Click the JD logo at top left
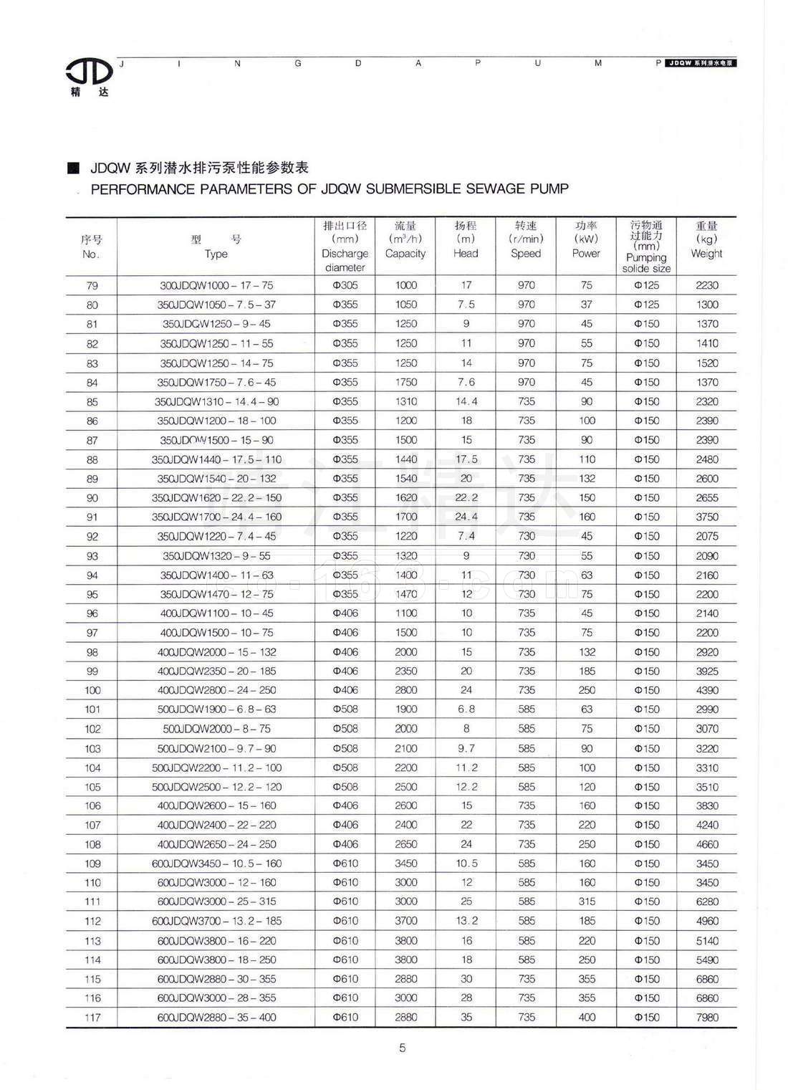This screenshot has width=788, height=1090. (x=89, y=72)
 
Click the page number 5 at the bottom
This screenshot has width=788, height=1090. (x=402, y=1048)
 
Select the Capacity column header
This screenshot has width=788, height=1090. (x=405, y=246)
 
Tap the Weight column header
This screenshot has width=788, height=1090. (x=706, y=246)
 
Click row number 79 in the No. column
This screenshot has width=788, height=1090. (x=92, y=285)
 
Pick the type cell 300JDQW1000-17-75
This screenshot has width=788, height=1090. (x=216, y=285)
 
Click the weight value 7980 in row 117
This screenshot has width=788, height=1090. (x=706, y=1017)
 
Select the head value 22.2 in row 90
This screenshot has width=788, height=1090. (x=466, y=497)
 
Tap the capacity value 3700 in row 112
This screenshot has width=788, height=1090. (x=405, y=921)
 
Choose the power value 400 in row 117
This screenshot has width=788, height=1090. (x=587, y=1017)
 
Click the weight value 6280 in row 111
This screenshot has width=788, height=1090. (x=706, y=902)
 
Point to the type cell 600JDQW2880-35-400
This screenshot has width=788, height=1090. (x=216, y=1017)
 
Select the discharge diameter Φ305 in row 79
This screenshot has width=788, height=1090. (x=345, y=285)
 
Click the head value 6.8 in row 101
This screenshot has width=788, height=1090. (x=466, y=709)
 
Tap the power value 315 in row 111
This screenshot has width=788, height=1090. (x=587, y=902)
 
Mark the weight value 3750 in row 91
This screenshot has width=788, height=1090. (x=706, y=517)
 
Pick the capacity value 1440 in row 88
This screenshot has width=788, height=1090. (x=405, y=459)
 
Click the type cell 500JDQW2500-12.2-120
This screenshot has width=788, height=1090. (x=216, y=787)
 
